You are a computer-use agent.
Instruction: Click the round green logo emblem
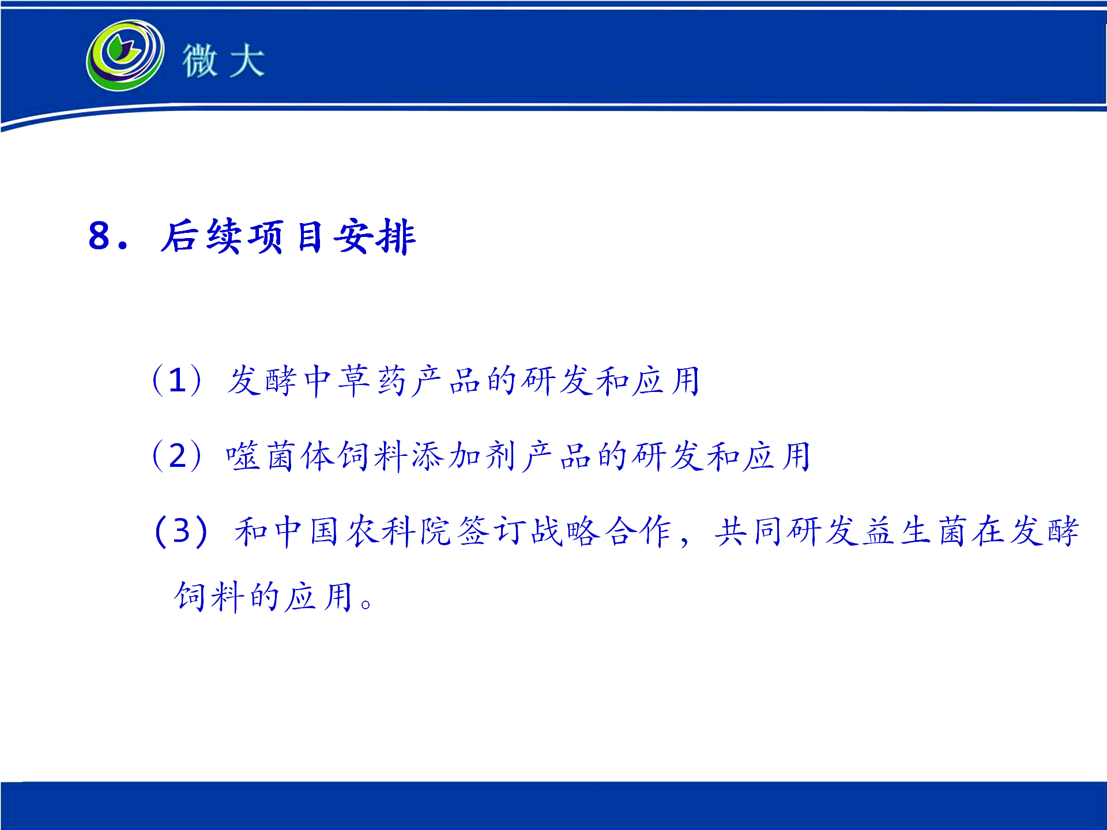tap(125, 55)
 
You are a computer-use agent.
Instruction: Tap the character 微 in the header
tap(200, 60)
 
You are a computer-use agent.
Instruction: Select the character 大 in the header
tap(247, 60)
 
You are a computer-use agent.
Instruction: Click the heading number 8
tap(99, 235)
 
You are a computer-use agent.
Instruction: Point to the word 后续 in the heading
tap(200, 236)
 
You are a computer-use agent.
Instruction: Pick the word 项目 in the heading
tap(285, 237)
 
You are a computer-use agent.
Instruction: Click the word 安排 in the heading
tap(374, 236)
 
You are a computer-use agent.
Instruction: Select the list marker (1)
tap(177, 380)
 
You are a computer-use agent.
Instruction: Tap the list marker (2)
tap(177, 456)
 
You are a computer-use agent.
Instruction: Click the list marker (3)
tap(181, 531)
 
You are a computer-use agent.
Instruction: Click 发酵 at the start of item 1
tap(262, 381)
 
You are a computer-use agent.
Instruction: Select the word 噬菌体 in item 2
tap(280, 456)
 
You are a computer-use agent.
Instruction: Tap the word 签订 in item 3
tap(492, 531)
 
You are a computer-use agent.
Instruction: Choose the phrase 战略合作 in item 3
tap(601, 531)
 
